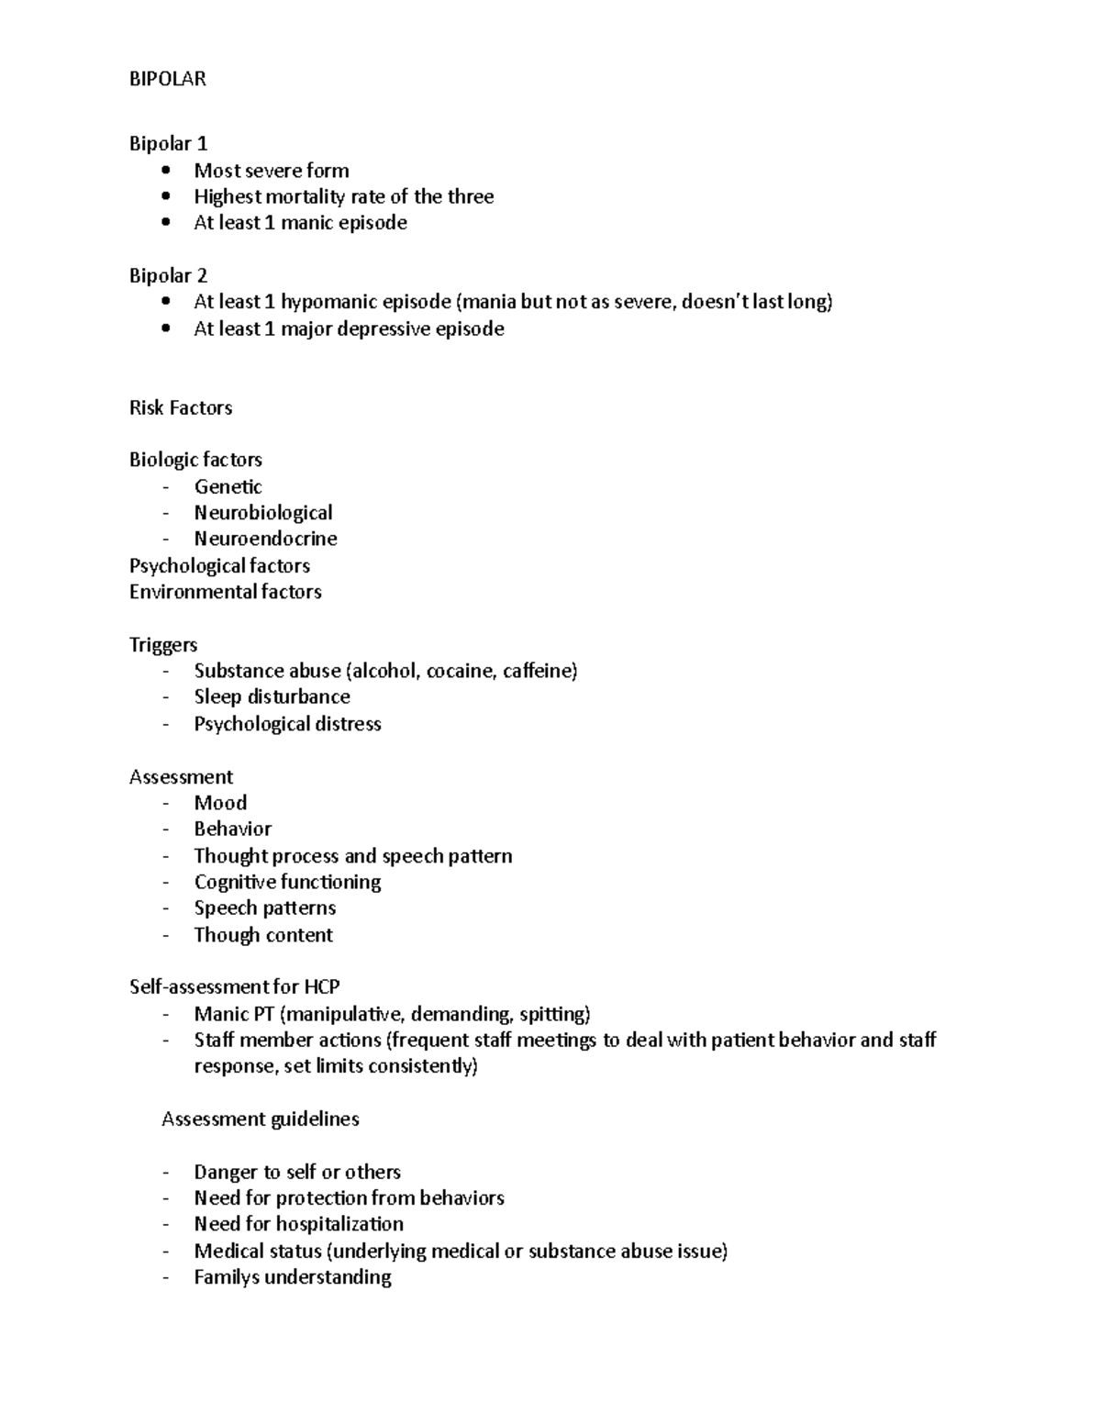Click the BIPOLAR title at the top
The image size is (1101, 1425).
(168, 79)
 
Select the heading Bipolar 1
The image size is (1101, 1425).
(168, 143)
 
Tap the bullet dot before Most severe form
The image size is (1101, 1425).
(165, 170)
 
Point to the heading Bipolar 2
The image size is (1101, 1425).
(168, 275)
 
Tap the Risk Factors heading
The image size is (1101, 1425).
(181, 407)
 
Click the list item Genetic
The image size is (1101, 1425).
(228, 486)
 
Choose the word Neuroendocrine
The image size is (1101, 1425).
(265, 539)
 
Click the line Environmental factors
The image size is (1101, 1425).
(225, 592)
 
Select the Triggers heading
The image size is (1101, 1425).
(163, 644)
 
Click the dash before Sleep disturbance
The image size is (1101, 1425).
(165, 697)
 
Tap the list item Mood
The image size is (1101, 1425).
(220, 803)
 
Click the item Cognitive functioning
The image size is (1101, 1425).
(287, 882)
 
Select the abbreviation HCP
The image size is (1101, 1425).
(321, 987)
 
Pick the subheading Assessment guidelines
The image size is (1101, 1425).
(260, 1119)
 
